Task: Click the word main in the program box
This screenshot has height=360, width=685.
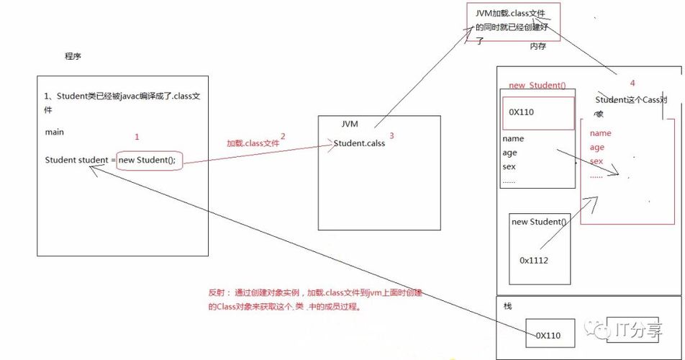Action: tap(55, 132)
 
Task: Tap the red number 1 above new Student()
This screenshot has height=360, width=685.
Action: tap(137, 136)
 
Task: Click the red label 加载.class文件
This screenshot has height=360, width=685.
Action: tap(252, 143)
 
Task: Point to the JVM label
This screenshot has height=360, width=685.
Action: tap(350, 124)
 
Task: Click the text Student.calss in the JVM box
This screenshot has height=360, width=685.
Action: tap(359, 143)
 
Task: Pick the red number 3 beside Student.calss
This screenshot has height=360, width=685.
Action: tap(391, 135)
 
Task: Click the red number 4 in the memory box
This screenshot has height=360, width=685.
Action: tap(632, 84)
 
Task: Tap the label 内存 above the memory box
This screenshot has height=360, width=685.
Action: tap(538, 46)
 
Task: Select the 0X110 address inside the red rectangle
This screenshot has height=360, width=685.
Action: tap(521, 112)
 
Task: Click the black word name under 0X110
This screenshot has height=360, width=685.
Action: tap(513, 138)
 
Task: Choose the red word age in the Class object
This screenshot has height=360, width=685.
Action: tap(596, 148)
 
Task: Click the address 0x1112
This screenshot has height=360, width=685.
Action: tap(533, 260)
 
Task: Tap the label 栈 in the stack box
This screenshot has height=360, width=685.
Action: tap(508, 306)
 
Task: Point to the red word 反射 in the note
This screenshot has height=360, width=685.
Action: tap(216, 293)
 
